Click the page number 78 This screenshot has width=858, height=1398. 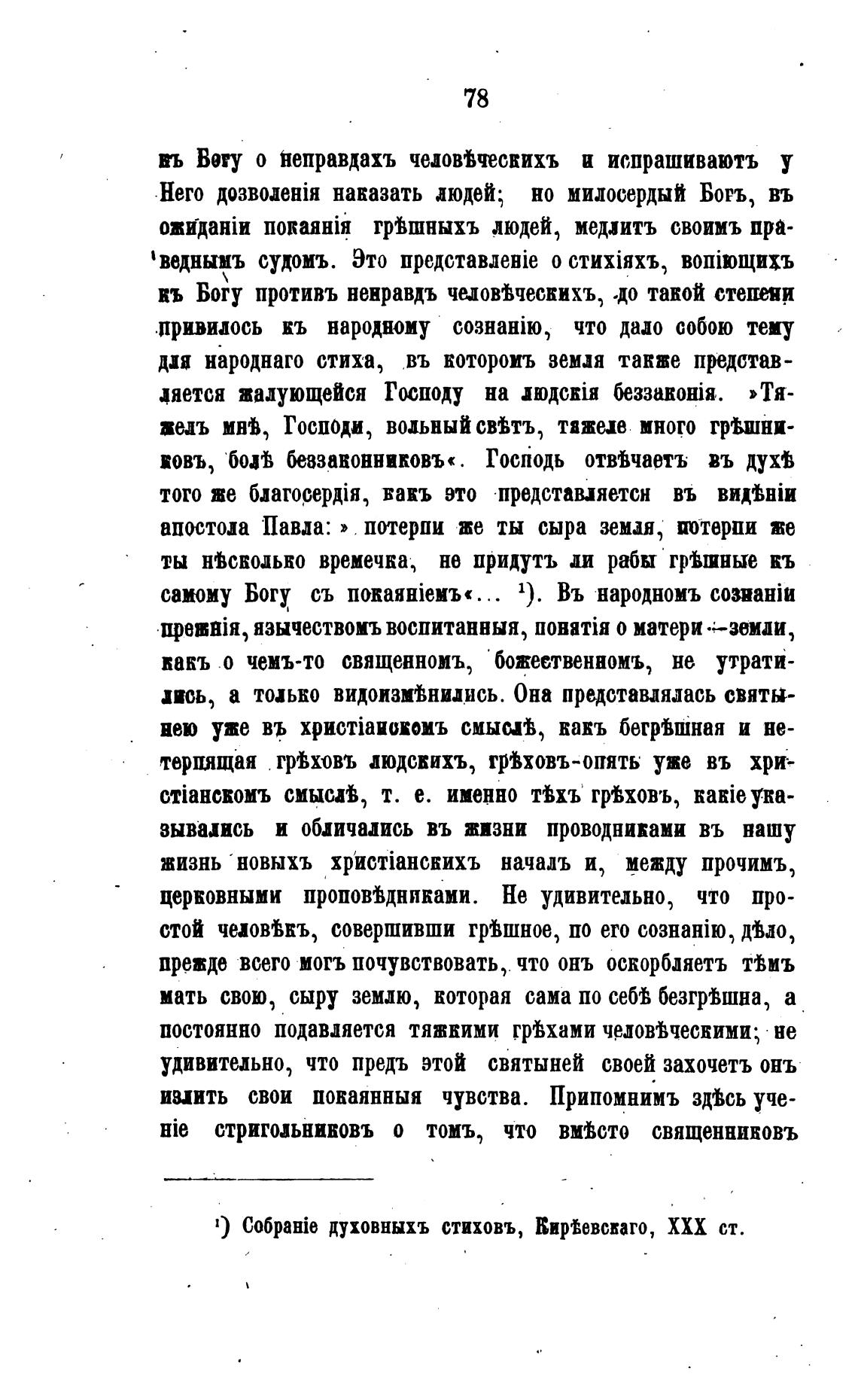click(x=476, y=99)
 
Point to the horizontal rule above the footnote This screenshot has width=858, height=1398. click(x=268, y=1178)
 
